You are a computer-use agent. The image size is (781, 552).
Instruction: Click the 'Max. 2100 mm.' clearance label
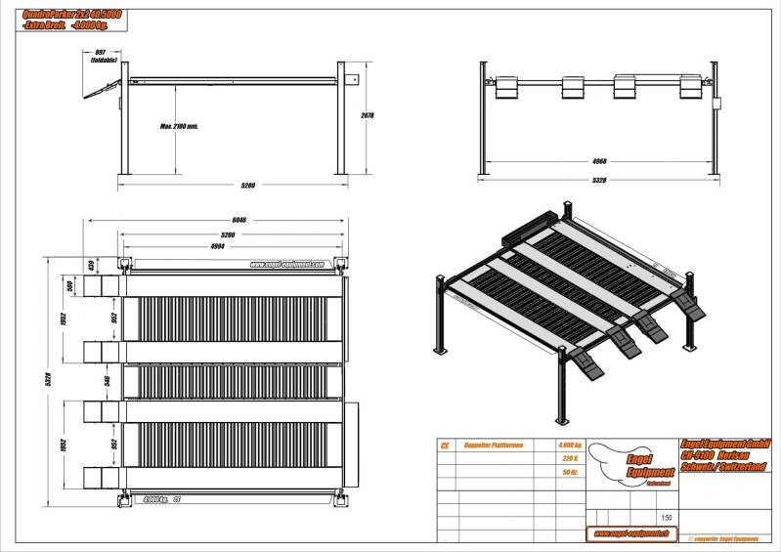point(179,126)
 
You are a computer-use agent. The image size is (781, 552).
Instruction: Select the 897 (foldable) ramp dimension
point(102,55)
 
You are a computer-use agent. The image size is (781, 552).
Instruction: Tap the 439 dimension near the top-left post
point(91,265)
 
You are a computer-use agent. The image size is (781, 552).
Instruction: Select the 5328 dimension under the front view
point(600,181)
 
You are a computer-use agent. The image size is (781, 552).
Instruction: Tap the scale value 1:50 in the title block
point(667,518)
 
